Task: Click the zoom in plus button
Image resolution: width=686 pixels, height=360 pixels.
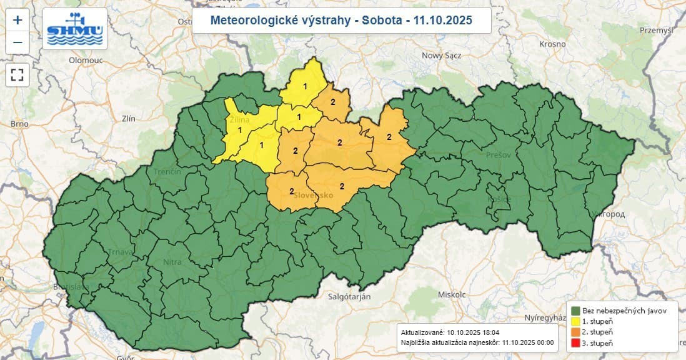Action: (x=17, y=20)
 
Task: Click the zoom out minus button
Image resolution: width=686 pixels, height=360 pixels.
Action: (x=17, y=42)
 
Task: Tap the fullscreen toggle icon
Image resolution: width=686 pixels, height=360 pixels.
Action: (x=17, y=75)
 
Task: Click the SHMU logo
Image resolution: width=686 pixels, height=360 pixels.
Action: (x=75, y=29)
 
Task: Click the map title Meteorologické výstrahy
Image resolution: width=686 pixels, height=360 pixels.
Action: (x=341, y=21)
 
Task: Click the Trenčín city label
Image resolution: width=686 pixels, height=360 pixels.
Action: (x=167, y=171)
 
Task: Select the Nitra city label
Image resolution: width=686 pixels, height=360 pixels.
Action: (x=172, y=262)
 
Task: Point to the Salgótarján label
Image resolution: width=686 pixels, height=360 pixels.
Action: (x=350, y=296)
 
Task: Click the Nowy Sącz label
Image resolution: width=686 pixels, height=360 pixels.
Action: (x=441, y=55)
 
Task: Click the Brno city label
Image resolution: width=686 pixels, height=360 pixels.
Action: (x=19, y=124)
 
